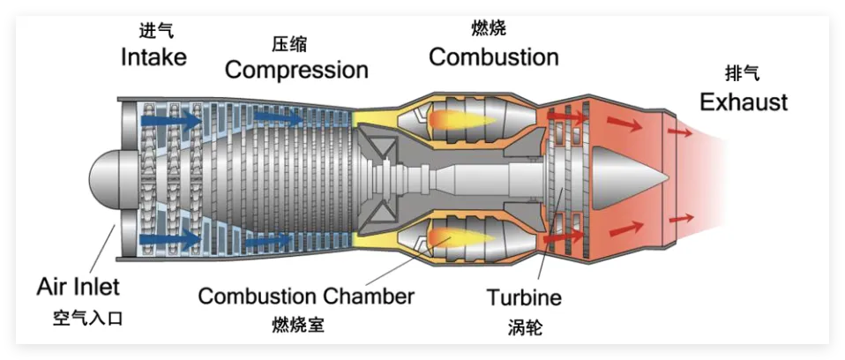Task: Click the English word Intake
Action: tap(153, 57)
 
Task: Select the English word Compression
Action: tap(295, 70)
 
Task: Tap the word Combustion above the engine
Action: tap(493, 57)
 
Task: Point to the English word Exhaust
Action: tap(743, 101)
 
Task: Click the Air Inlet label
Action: tap(78, 287)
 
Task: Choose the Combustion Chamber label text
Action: tap(305, 296)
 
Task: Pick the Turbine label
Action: tap(524, 297)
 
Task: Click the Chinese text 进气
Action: tap(156, 31)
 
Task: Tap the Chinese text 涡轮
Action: tap(524, 326)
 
